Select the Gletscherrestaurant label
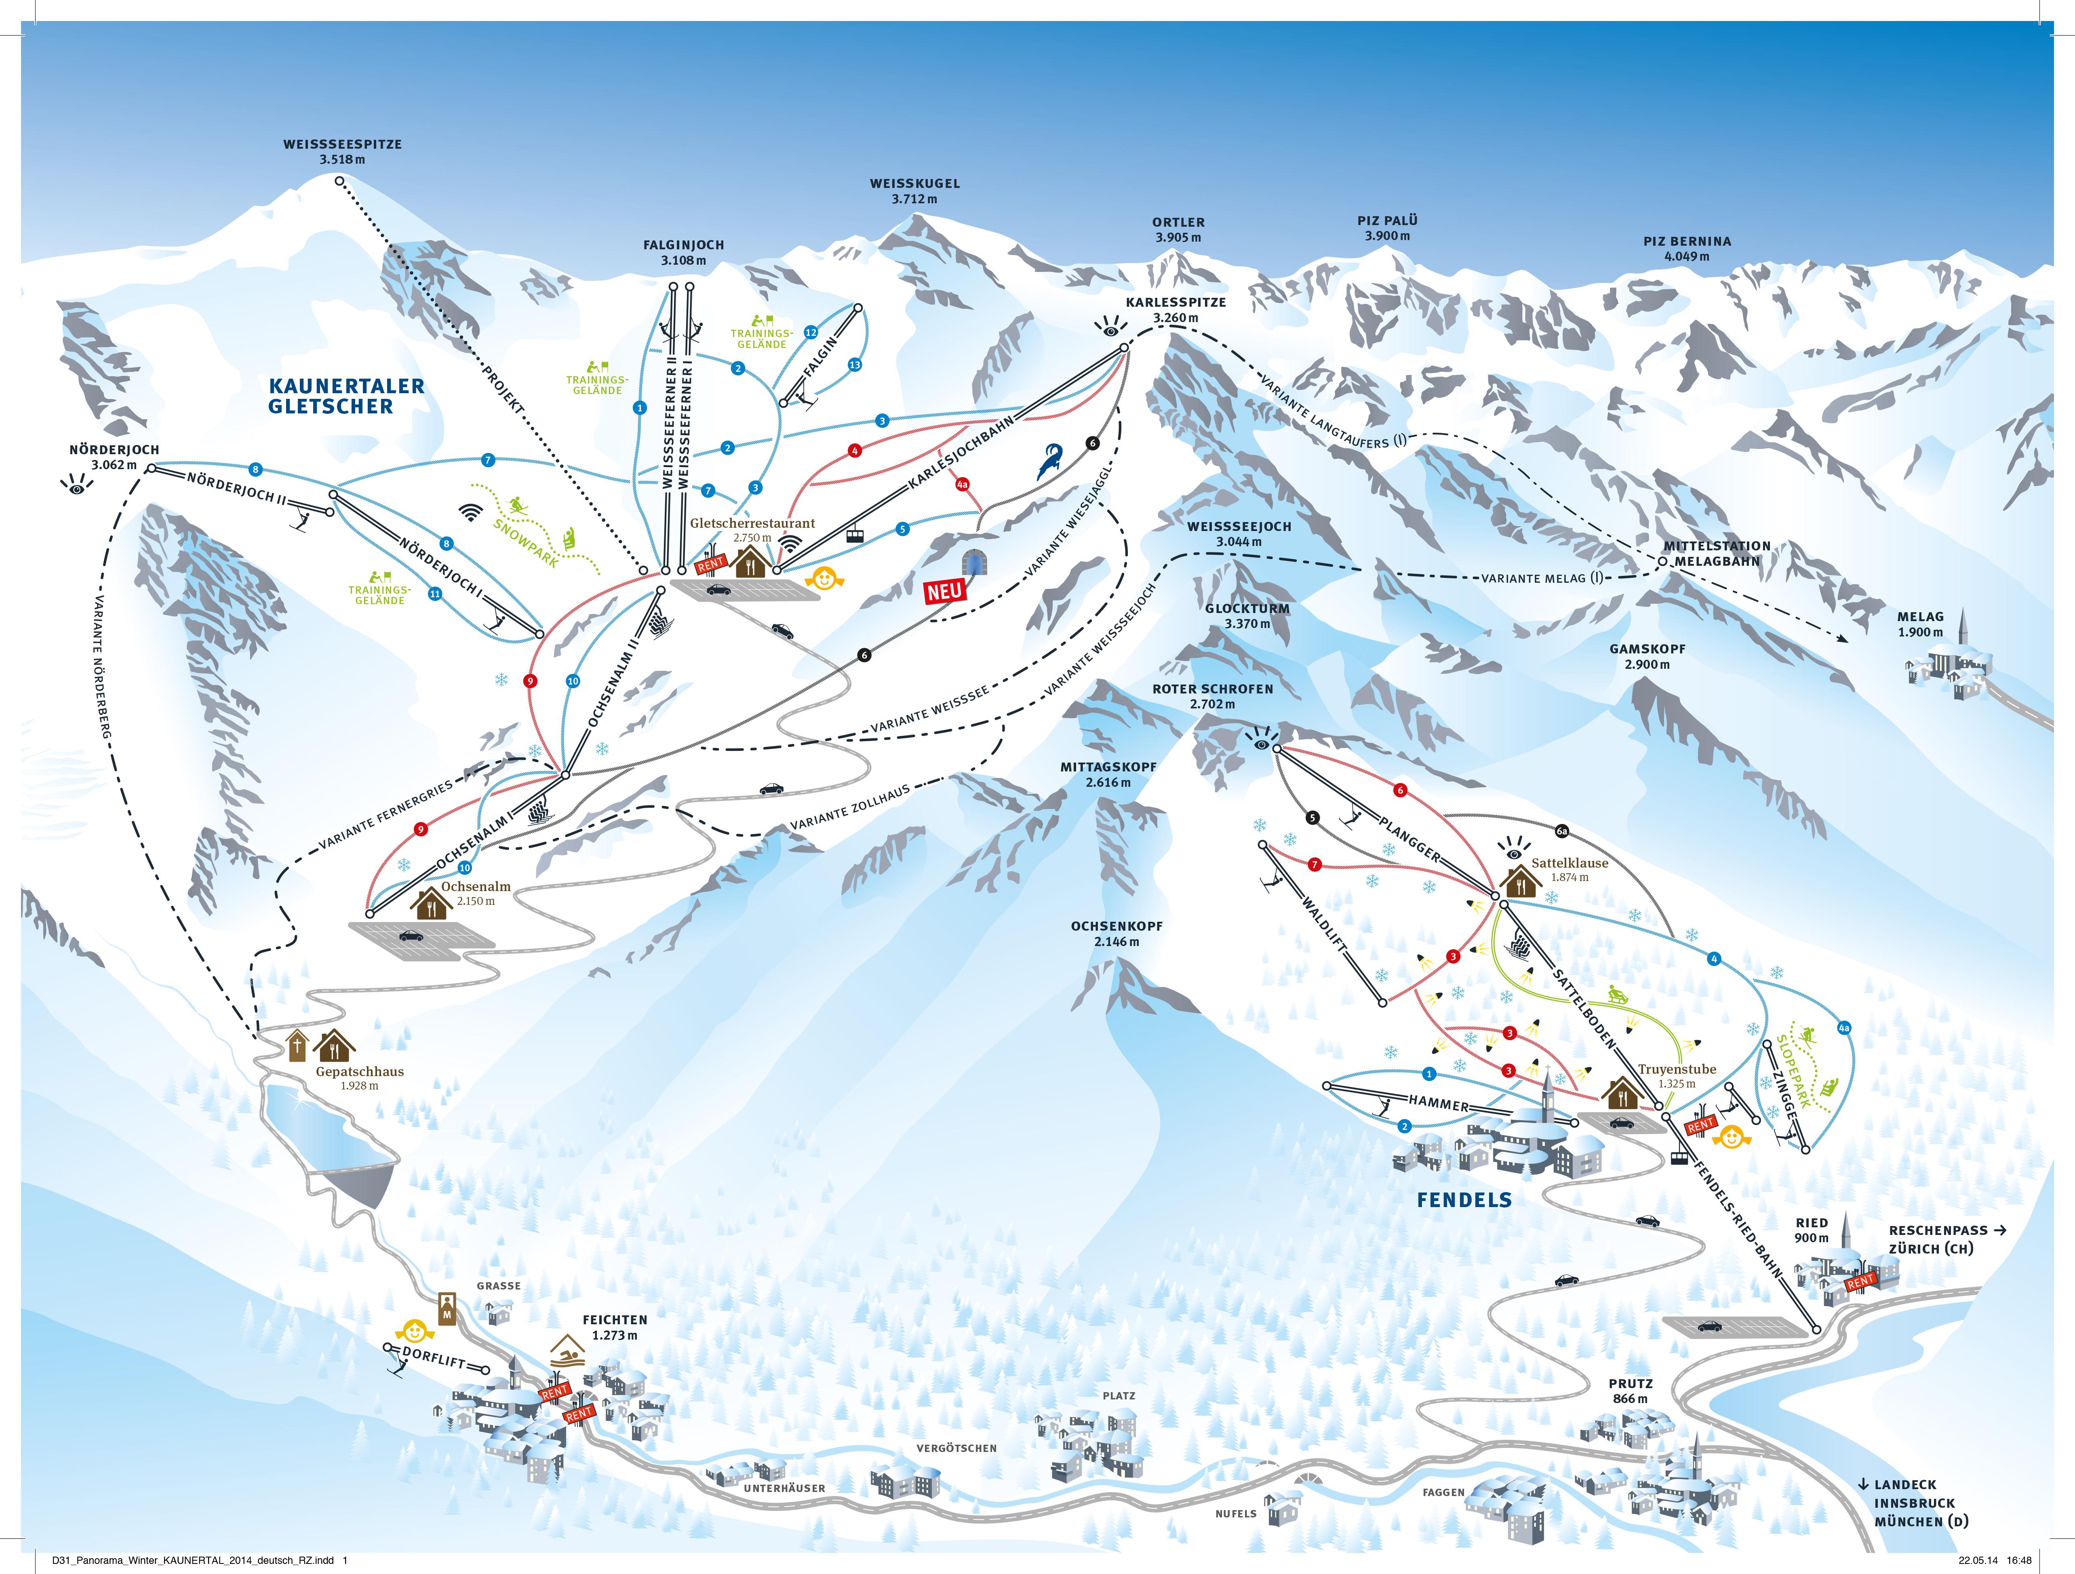tap(752, 523)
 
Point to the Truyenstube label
tap(1677, 1069)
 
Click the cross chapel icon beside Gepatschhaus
tap(297, 1045)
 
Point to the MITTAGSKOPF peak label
tap(1108, 766)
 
